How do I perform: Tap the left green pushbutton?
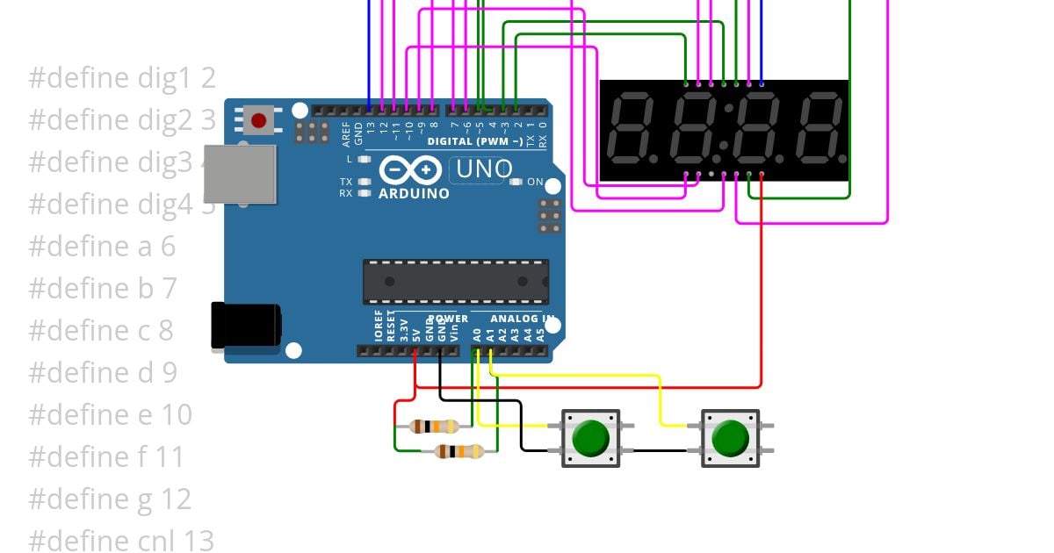590,437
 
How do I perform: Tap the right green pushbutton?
730,437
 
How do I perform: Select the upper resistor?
434,427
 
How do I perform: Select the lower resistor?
459,451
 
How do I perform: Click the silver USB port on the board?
239,173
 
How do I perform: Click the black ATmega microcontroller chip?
456,282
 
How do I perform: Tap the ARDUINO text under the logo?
414,193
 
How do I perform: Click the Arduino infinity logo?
410,169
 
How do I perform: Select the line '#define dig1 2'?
122,78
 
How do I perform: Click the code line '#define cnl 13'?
122,541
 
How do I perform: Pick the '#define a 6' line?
102,247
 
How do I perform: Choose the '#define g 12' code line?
110,499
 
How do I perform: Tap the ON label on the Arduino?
534,183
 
